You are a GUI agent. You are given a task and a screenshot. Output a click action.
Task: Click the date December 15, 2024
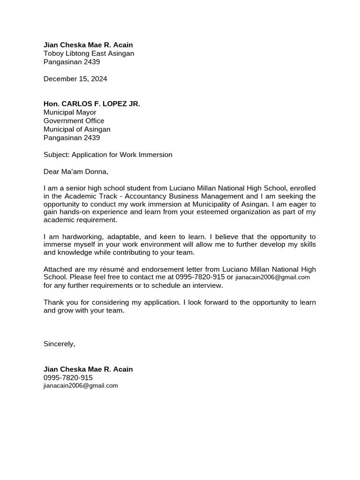75,79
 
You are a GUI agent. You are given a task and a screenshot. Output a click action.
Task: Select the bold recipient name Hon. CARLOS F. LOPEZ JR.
91,104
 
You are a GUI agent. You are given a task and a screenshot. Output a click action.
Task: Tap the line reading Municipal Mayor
70,112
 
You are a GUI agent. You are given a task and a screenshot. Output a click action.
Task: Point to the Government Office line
74,121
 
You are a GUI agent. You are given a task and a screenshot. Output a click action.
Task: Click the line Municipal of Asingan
77,129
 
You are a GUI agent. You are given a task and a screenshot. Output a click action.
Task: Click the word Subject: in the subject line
56,155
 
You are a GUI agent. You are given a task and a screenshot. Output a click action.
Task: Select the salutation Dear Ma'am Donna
75,172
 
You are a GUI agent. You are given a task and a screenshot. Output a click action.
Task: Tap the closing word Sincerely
59,344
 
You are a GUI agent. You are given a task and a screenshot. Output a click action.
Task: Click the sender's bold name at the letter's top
88,45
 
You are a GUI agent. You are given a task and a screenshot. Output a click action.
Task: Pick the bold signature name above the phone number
88,369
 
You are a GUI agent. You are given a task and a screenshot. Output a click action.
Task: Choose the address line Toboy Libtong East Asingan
89,53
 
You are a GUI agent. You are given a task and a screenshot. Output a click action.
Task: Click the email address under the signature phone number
81,386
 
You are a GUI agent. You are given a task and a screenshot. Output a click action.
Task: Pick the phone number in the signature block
68,378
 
